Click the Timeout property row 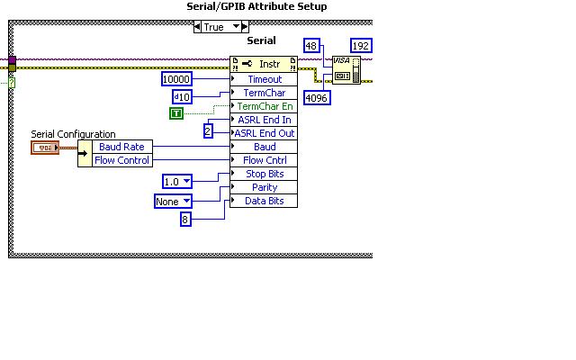tap(264, 79)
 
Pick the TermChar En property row tap(264, 106)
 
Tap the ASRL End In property tap(264, 120)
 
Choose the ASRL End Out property tap(264, 133)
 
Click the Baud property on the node tap(264, 147)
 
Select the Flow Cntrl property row tap(264, 160)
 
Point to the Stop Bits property tap(264, 174)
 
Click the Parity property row tap(264, 187)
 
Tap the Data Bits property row tap(264, 201)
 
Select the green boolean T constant tap(176, 112)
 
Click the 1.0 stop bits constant tap(177, 182)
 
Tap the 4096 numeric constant tap(315, 97)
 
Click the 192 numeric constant tap(361, 46)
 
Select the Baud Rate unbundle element tap(122, 147)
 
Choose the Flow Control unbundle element tap(122, 160)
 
